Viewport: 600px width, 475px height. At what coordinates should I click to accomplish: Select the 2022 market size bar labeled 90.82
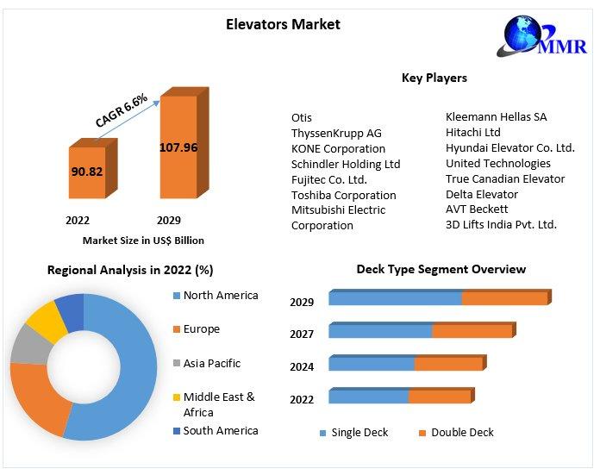86,172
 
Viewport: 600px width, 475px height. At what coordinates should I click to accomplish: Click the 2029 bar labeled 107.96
178,147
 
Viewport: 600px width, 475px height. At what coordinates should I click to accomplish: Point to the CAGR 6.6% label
121,109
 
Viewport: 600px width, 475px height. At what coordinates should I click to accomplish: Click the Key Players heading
434,78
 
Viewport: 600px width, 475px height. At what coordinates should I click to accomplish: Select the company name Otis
302,117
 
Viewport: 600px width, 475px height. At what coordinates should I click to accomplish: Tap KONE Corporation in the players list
338,148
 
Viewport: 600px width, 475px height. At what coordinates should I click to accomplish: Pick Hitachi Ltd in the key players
472,132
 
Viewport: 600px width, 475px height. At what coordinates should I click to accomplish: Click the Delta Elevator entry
481,194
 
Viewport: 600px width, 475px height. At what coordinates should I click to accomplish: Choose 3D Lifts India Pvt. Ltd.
501,224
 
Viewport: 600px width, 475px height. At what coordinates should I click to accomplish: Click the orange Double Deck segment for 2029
504,298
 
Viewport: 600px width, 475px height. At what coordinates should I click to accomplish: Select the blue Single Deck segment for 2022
368,397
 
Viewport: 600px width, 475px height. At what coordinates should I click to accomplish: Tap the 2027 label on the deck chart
302,334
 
